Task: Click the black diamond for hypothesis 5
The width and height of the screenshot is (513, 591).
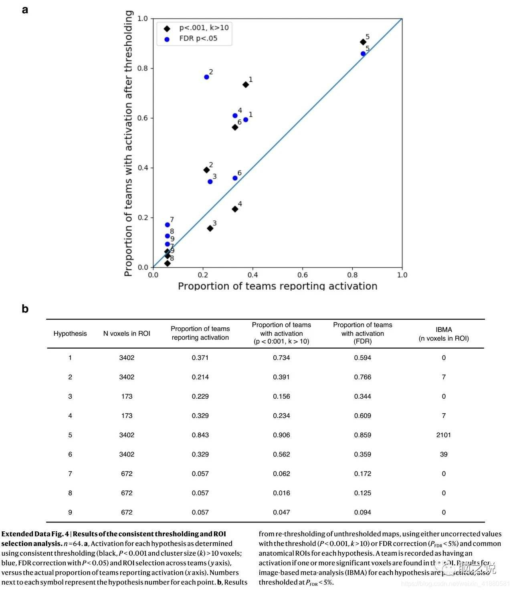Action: [x=363, y=42]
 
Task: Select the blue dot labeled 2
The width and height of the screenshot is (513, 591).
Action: [x=206, y=77]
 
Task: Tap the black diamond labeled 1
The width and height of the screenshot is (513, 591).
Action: [x=246, y=85]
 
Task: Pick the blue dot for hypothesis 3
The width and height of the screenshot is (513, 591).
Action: [x=210, y=182]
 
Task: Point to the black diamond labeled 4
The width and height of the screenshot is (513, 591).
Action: [x=235, y=209]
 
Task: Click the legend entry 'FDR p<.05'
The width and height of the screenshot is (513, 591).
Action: [x=198, y=38]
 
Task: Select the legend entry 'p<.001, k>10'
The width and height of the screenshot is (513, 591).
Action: [x=204, y=28]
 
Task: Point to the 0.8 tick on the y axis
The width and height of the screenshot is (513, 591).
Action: [x=143, y=68]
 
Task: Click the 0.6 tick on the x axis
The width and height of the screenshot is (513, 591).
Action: [x=303, y=275]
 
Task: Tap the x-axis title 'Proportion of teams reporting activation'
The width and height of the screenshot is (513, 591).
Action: [x=277, y=286]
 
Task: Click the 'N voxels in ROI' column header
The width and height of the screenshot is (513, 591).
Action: [x=127, y=333]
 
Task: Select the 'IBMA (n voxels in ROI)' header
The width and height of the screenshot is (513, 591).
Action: [x=444, y=334]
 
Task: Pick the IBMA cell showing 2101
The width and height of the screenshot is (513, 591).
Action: [x=444, y=435]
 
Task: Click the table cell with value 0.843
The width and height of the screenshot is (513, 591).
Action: [x=200, y=435]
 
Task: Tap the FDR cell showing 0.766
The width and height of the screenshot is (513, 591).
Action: [x=362, y=377]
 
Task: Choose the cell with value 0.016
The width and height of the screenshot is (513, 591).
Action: [x=281, y=493]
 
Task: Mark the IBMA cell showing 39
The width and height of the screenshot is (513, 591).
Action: [x=444, y=454]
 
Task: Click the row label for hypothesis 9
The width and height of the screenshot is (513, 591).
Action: [x=70, y=512]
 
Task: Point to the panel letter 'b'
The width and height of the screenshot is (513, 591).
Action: [x=25, y=309]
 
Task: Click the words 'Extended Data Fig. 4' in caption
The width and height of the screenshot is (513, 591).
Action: [x=35, y=534]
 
